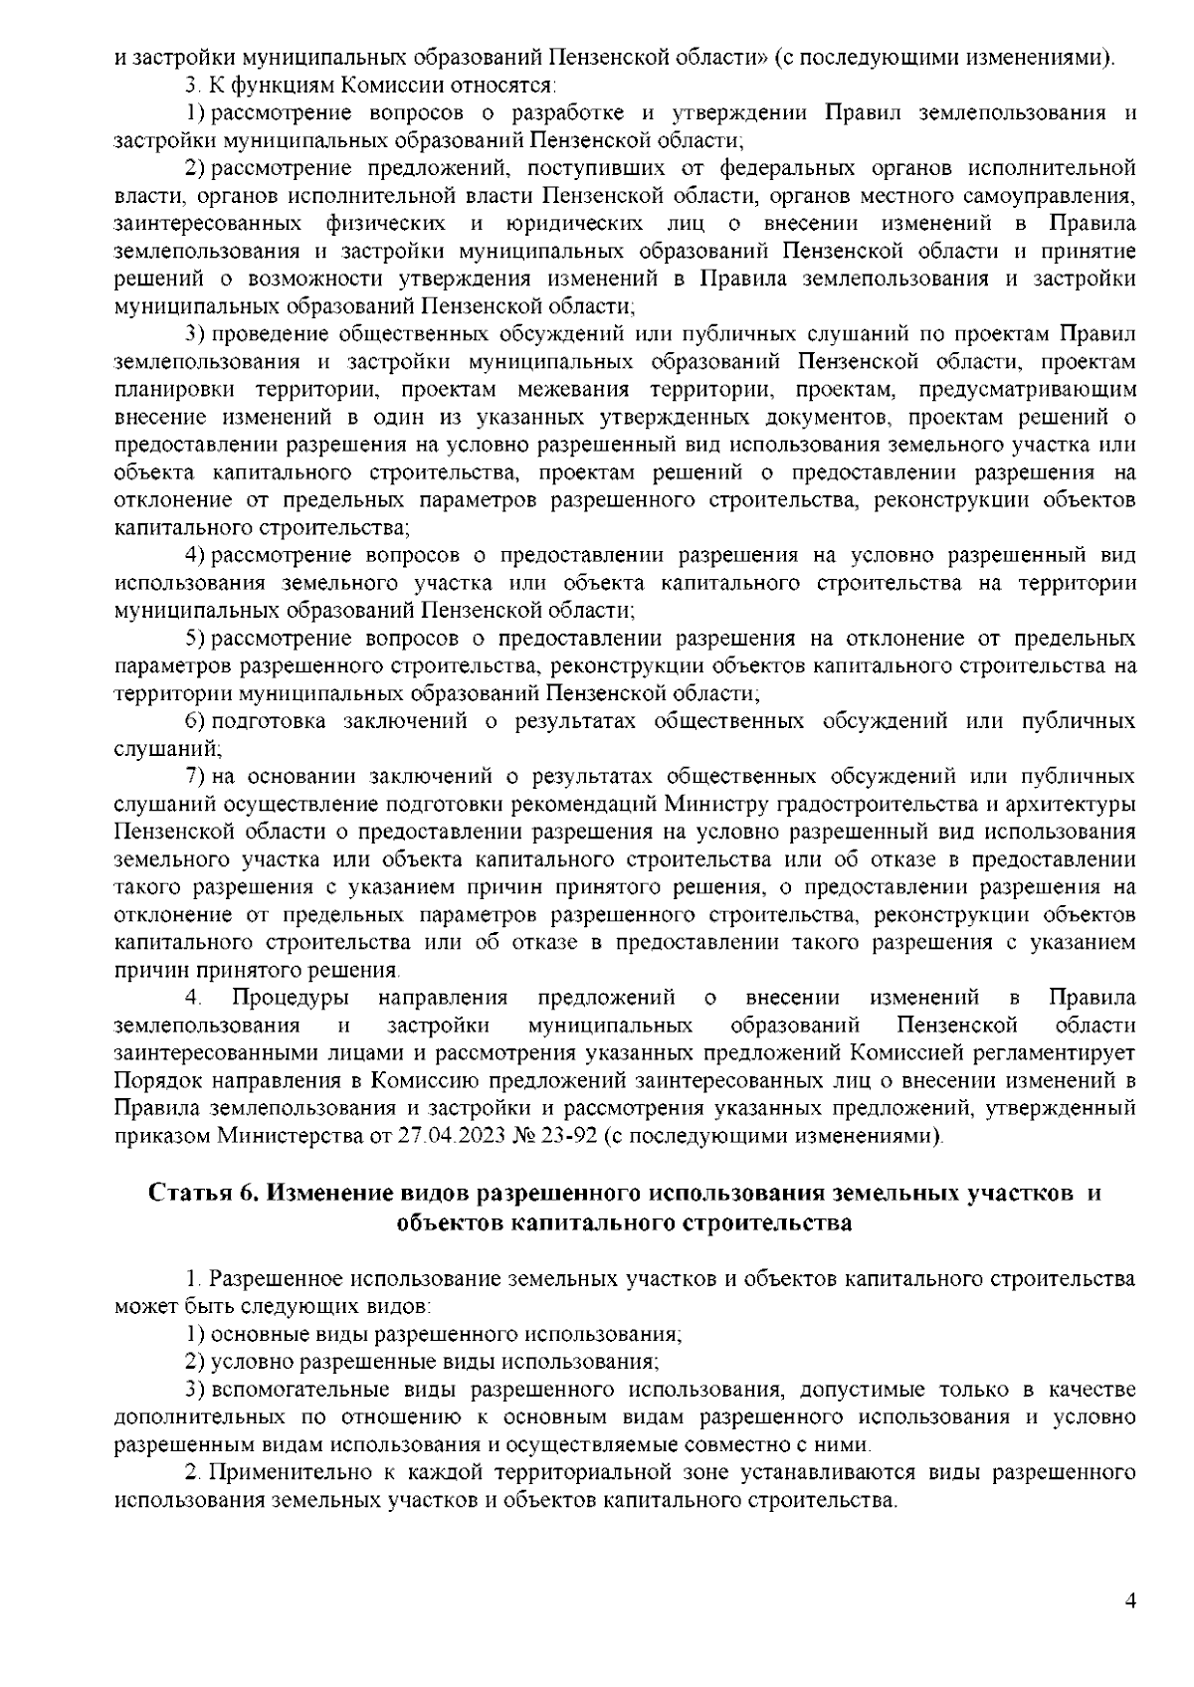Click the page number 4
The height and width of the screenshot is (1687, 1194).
(1129, 1600)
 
